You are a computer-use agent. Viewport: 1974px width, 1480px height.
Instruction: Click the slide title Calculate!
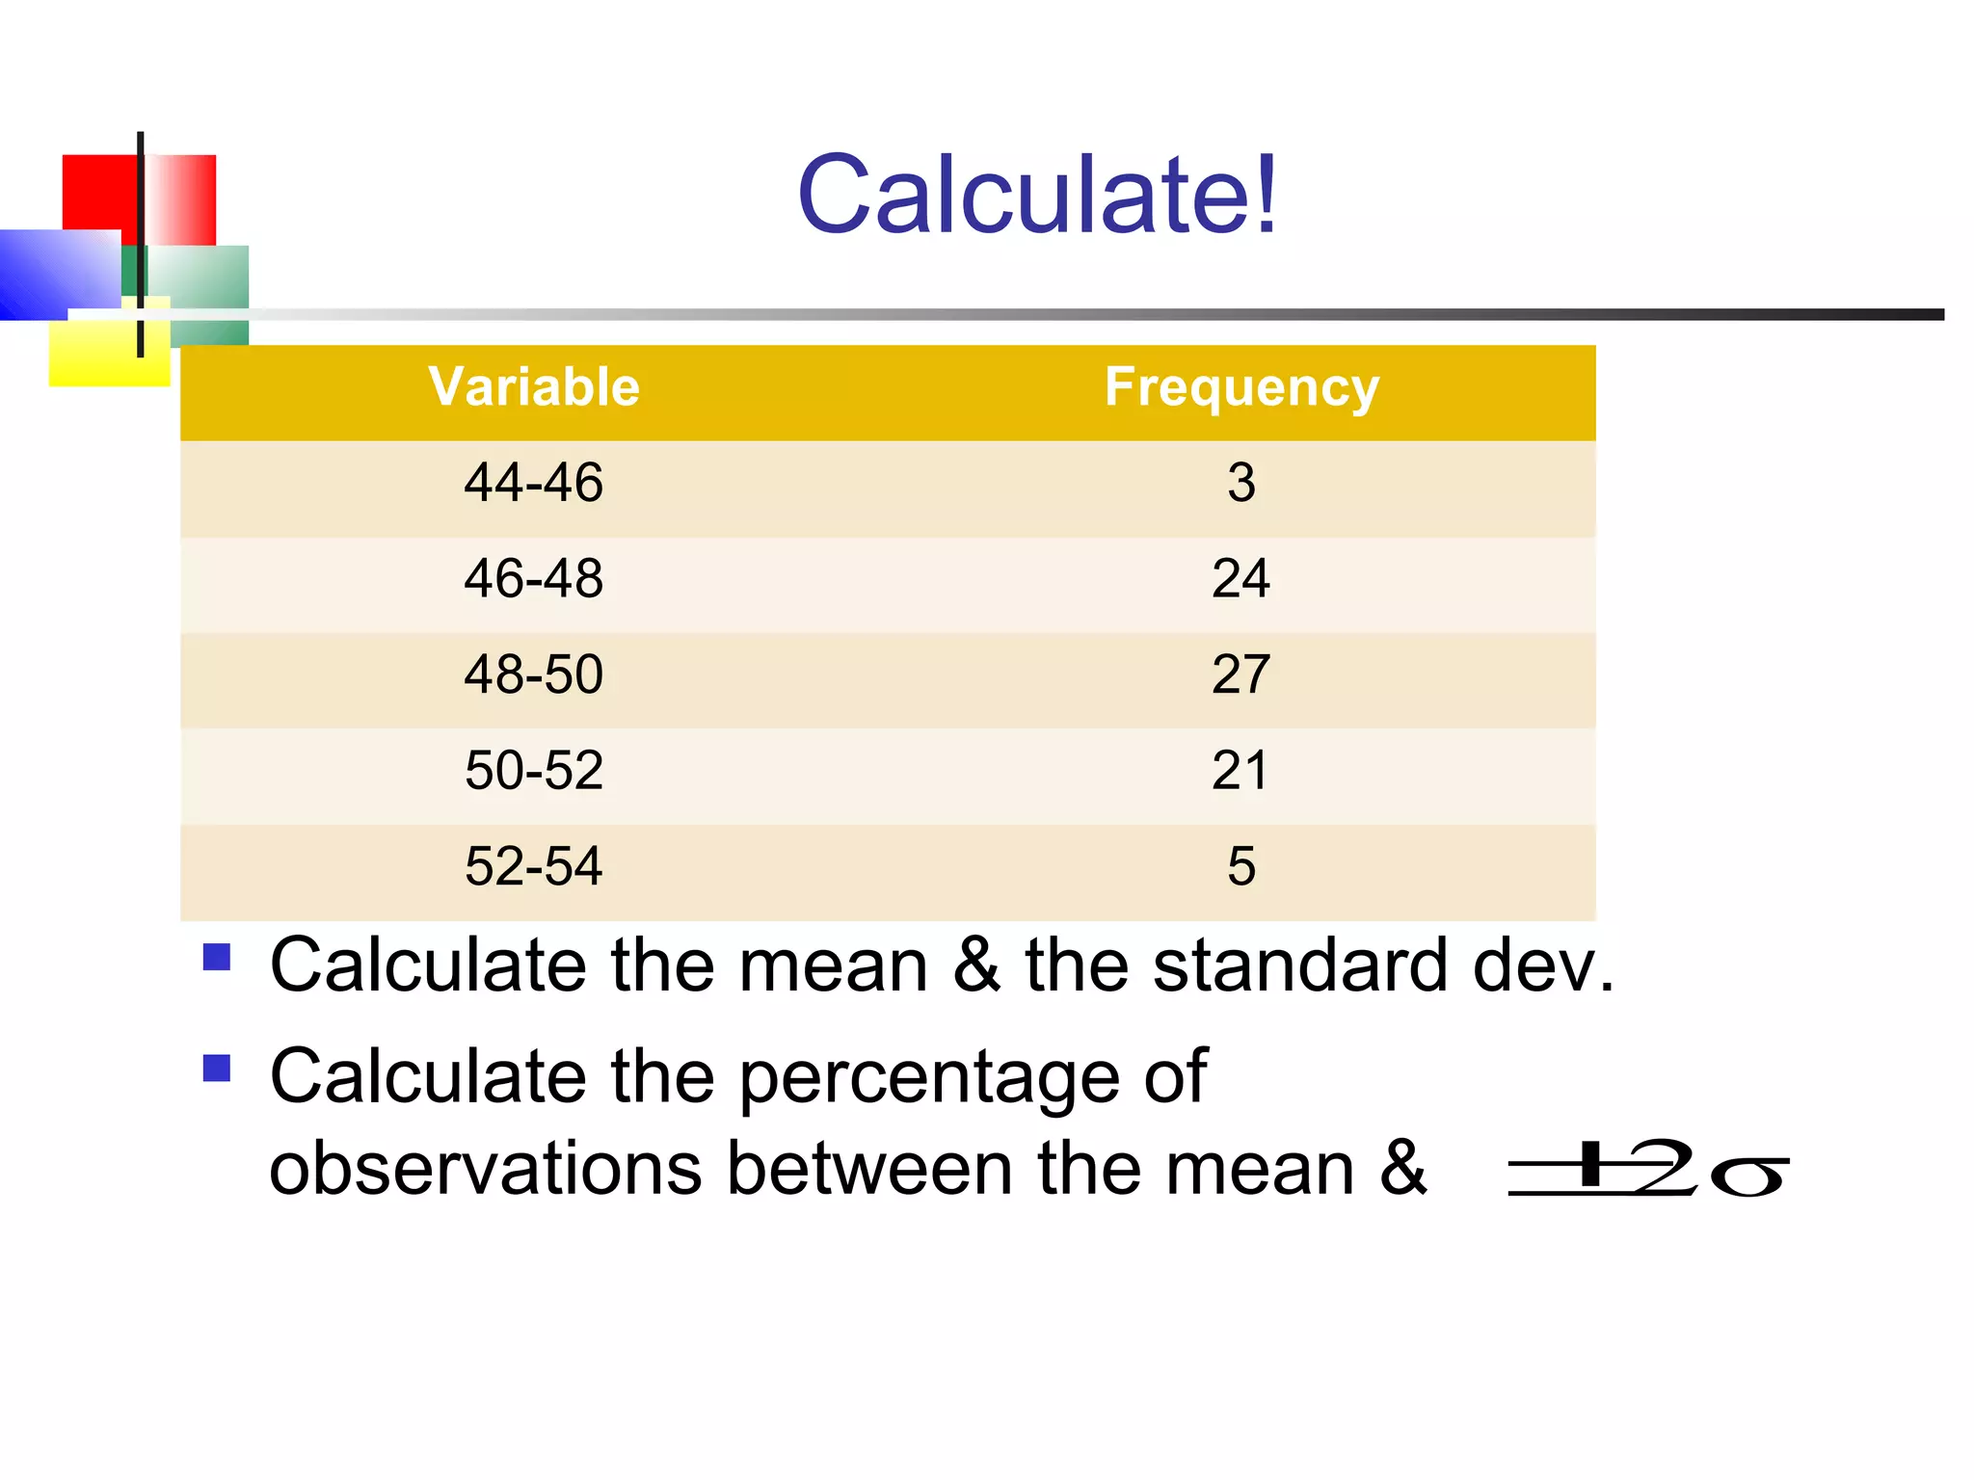coord(1037,195)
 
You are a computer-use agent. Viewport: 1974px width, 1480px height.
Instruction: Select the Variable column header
coord(534,387)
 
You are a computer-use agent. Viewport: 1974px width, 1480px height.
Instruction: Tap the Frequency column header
coord(1241,387)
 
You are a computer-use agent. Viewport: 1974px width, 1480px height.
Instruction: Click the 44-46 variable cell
coord(534,482)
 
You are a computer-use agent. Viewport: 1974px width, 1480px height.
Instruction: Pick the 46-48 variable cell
coord(534,578)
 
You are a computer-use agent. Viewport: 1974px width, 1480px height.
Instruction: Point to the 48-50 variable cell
coord(534,674)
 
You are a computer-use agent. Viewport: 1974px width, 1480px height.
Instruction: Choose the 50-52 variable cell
coord(534,770)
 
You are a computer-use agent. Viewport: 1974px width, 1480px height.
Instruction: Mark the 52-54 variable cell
coord(534,865)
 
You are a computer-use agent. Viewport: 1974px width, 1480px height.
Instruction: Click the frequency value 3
coord(1241,482)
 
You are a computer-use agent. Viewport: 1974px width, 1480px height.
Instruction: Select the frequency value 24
coord(1241,578)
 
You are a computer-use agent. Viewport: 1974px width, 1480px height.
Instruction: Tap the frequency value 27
coord(1241,674)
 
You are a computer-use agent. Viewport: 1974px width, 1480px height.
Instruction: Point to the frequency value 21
coord(1241,770)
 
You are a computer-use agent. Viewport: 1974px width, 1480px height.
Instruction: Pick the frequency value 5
coord(1241,865)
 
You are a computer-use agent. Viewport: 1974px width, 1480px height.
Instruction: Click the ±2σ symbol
coord(1648,1170)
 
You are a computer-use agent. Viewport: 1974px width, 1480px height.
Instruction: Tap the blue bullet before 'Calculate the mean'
coord(217,957)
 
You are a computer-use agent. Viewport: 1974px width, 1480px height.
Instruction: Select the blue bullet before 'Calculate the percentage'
coord(217,1069)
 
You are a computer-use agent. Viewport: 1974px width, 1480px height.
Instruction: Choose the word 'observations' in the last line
coord(485,1168)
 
